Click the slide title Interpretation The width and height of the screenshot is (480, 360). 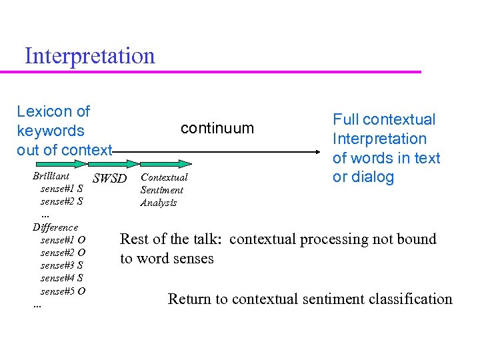(89, 55)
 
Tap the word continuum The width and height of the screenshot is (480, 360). (217, 128)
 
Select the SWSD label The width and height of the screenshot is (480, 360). (109, 179)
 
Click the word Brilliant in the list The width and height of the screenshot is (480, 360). (51, 176)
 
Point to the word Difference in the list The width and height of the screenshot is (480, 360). (55, 227)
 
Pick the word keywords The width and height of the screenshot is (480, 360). (51, 131)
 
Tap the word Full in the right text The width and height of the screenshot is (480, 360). (345, 120)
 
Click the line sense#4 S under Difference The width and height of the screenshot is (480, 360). (61, 278)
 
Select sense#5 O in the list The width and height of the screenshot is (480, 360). (62, 291)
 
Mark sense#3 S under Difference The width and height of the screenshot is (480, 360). (61, 265)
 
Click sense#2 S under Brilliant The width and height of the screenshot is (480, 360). (61, 201)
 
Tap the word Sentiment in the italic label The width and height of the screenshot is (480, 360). (161, 190)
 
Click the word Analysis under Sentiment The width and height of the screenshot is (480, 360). (159, 203)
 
